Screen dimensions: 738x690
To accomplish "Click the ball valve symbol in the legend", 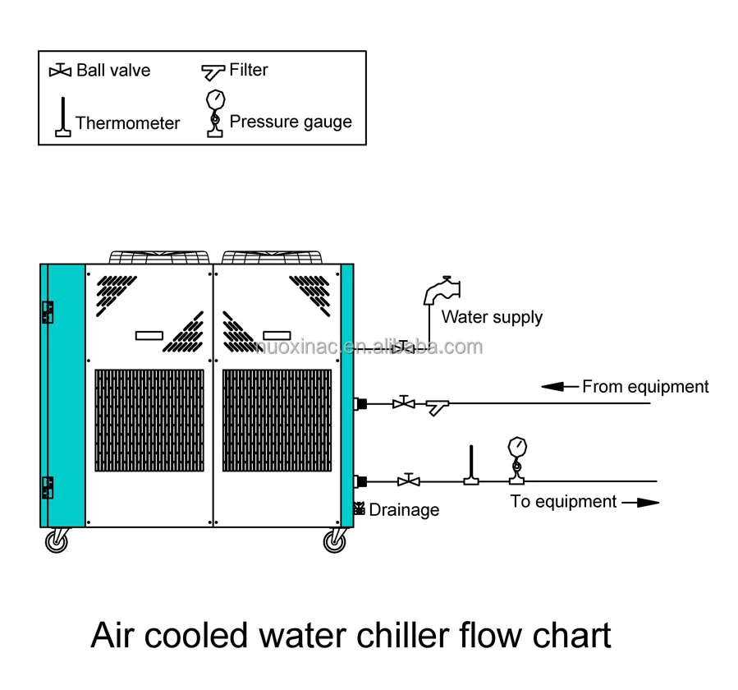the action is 60,71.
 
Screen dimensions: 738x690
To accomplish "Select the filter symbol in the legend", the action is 213,72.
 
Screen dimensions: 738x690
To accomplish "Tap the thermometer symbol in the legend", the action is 63,117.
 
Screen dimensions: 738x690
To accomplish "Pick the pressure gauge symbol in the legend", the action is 216,113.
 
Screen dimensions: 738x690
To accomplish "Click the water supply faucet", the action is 442,290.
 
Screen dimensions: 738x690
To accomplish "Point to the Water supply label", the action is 492,317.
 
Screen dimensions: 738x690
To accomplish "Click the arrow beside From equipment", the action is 560,387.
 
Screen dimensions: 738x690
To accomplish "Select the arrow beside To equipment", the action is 640,503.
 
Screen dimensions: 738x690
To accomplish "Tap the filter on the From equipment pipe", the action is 438,407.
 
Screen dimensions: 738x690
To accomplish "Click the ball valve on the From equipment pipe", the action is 404,402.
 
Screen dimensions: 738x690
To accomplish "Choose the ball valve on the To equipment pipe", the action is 409,481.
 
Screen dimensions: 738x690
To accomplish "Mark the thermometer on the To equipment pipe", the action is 471,465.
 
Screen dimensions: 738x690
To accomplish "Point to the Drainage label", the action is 404,510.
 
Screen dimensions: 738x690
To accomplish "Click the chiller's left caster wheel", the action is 57,541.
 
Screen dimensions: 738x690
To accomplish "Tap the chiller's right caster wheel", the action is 335,541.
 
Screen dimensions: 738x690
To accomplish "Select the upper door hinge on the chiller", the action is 48,312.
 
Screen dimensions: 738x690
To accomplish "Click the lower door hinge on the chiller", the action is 48,487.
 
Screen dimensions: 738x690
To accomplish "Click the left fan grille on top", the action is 159,257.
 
